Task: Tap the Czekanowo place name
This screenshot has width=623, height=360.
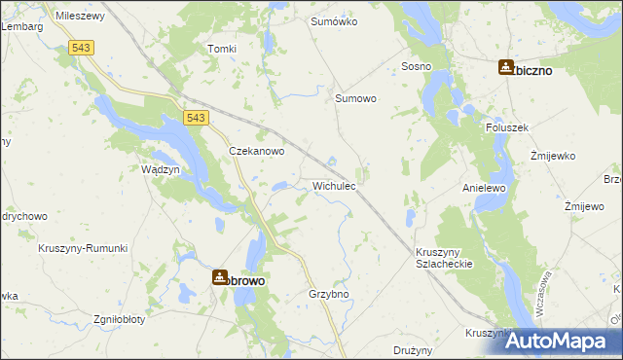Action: tap(256, 152)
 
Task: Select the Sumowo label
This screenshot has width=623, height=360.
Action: tap(355, 98)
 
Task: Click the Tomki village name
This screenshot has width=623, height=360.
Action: tap(222, 49)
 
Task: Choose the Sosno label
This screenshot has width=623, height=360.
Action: tap(417, 66)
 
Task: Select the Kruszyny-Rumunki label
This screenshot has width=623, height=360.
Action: tap(84, 248)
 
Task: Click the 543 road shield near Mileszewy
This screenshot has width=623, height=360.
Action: tap(81, 47)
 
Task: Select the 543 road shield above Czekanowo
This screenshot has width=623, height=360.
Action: tap(195, 118)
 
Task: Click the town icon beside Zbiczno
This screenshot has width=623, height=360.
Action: tap(506, 67)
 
